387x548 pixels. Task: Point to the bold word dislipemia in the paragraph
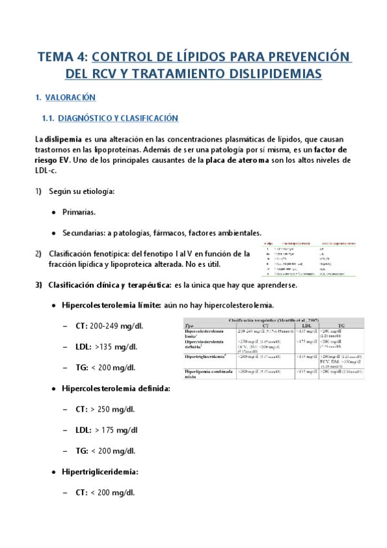coord(63,139)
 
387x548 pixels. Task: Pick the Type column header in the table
coord(190,326)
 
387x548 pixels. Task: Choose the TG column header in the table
coord(340,326)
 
